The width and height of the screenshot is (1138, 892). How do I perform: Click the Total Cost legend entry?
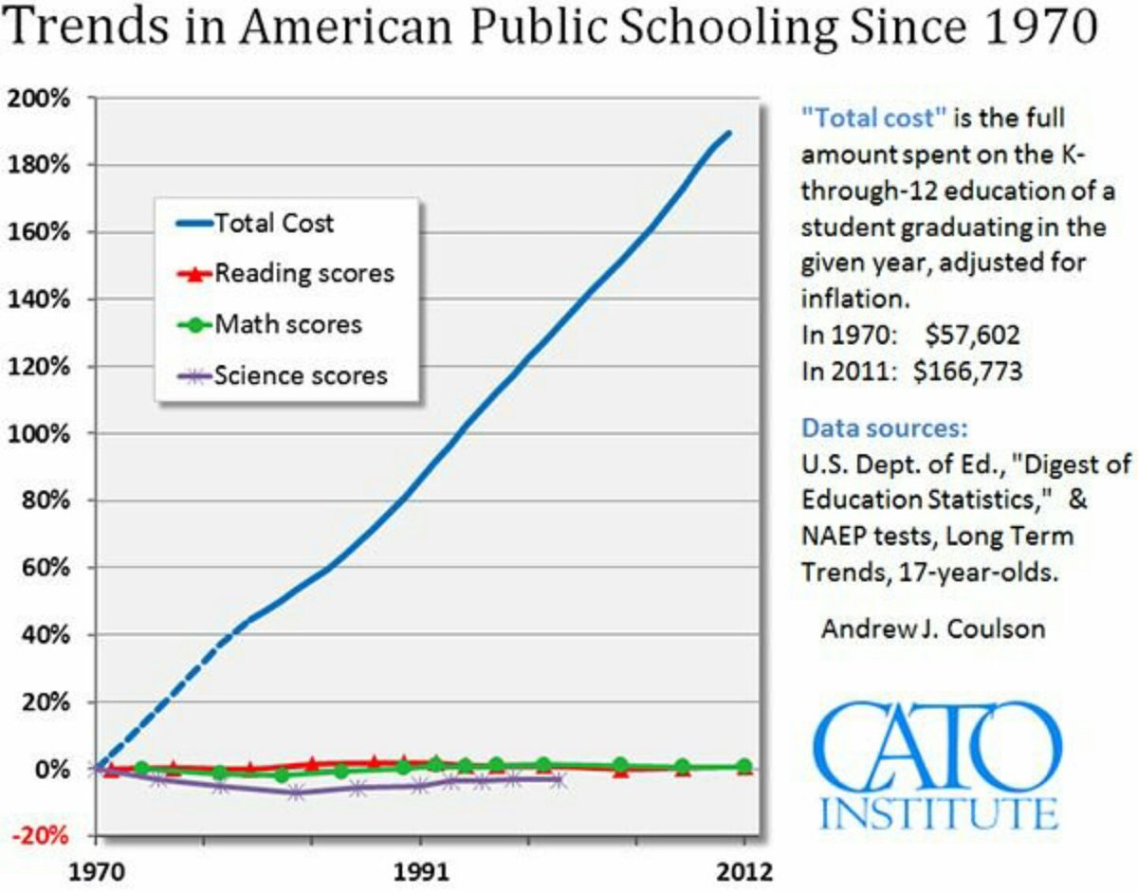274,225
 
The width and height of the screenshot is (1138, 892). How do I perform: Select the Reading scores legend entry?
303,274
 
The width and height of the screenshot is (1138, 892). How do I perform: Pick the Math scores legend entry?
288,324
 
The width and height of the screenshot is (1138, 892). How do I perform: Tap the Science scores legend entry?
301,374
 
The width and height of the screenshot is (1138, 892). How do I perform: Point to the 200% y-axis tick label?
41,98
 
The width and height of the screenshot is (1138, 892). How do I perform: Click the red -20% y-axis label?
41,835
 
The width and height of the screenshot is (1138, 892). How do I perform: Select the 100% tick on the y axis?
41,433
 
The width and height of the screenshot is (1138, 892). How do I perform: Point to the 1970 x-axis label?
96,870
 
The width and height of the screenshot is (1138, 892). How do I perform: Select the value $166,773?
968,371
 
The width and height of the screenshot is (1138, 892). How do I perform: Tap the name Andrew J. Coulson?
933,628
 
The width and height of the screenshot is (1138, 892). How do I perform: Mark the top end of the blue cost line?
728,132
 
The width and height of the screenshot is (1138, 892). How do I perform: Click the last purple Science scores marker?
559,780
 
